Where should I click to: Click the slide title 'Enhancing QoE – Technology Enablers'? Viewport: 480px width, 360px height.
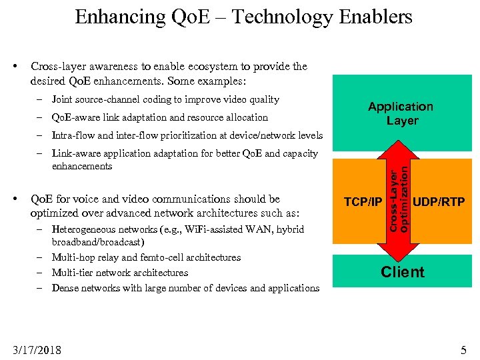click(x=243, y=17)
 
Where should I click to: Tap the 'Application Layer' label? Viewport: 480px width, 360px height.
click(x=401, y=113)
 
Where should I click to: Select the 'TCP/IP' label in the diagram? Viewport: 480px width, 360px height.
click(x=363, y=202)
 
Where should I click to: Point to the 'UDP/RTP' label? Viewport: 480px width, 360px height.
click(x=439, y=202)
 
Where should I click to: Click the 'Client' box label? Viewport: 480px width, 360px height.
click(x=402, y=272)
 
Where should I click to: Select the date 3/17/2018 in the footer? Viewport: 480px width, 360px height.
click(x=37, y=349)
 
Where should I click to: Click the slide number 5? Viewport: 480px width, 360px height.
click(x=463, y=349)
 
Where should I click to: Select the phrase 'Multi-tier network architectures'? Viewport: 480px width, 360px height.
click(x=120, y=273)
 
